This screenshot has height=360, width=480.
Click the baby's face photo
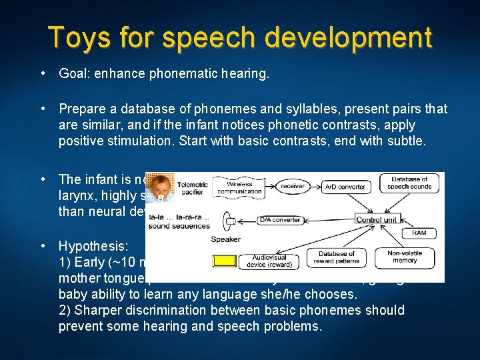161,189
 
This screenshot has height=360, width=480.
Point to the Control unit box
377,219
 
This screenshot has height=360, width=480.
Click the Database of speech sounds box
409,183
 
